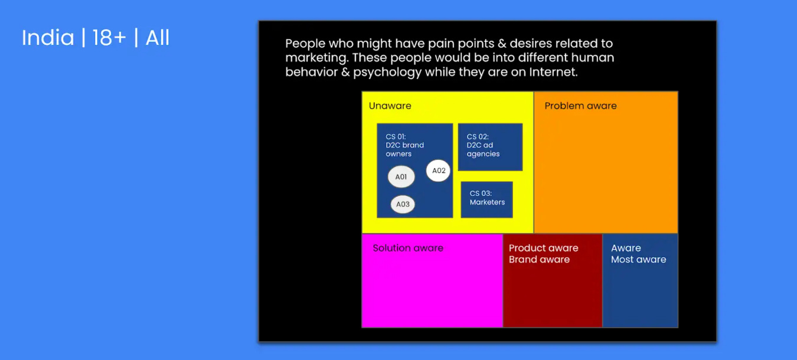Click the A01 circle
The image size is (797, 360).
tap(401, 177)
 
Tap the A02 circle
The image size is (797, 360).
tap(438, 171)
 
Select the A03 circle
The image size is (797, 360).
tap(403, 204)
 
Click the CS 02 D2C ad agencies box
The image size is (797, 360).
tap(490, 146)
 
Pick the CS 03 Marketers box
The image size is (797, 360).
tap(486, 199)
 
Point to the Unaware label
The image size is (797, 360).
tap(390, 106)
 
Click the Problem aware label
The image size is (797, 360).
tap(580, 106)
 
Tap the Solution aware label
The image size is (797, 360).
tap(407, 248)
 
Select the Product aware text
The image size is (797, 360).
tap(543, 248)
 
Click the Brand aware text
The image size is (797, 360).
tap(539, 259)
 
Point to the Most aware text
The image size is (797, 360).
tap(638, 259)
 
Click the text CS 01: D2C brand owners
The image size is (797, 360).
tap(404, 145)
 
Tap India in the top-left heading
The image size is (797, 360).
tap(48, 38)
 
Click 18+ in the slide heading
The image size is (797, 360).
tap(109, 38)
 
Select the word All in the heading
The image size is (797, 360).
tap(158, 38)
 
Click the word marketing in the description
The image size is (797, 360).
tap(315, 58)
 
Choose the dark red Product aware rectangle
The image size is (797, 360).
tap(552, 295)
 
